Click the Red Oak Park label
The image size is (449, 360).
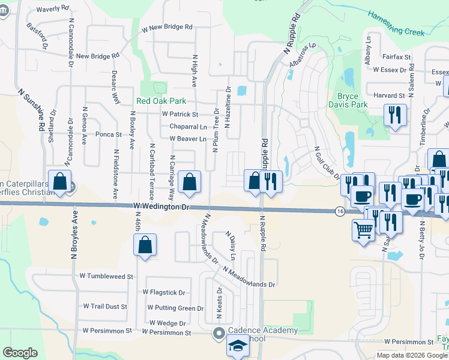[161, 101]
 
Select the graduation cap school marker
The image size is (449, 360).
[238, 347]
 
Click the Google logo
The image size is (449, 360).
[20, 353]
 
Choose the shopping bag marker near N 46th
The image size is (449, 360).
[145, 245]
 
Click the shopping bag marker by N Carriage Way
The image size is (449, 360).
[190, 183]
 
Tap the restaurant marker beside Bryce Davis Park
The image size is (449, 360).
[395, 115]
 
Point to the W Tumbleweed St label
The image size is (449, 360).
[106, 277]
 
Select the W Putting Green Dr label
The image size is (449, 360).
[175, 308]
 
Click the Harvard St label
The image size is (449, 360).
[389, 95]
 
